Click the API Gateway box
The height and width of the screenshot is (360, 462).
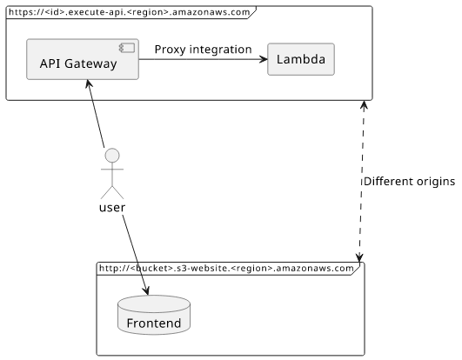83,59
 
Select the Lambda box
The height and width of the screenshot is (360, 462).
301,59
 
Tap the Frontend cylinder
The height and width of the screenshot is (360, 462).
154,315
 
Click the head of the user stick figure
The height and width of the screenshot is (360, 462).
112,156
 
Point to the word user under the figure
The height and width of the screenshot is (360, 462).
112,208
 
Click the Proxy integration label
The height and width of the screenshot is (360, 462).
203,50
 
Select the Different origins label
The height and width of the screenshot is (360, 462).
409,182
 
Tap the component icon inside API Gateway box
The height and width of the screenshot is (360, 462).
127,48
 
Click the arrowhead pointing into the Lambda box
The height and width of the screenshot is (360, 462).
264,59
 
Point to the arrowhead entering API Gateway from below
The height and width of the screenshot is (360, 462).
89,83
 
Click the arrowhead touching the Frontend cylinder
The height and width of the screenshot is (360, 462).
145,290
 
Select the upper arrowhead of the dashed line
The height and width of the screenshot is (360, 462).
365,105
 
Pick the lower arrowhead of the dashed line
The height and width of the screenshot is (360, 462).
359,257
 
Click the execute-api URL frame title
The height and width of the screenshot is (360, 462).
129,12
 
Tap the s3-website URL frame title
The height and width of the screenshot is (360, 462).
226,268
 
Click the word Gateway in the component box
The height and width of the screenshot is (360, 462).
90,63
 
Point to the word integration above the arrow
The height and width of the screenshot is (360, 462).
220,50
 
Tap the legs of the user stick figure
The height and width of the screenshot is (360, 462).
112,192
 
